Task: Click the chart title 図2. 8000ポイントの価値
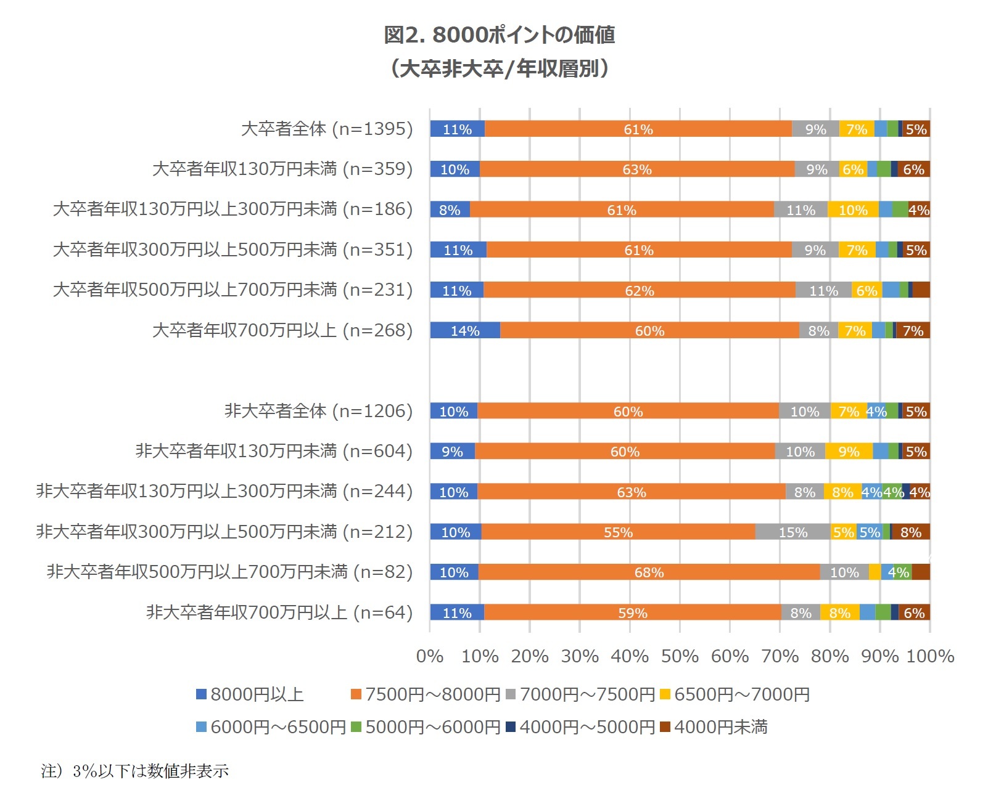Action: pyautogui.click(x=499, y=35)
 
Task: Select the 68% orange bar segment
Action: pyautogui.click(x=649, y=572)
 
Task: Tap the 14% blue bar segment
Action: pyautogui.click(x=465, y=331)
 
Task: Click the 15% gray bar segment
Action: pyautogui.click(x=792, y=532)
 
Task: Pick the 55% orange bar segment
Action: pyautogui.click(x=618, y=532)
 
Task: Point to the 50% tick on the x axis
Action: pyautogui.click(x=680, y=656)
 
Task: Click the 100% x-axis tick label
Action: pyautogui.click(x=930, y=656)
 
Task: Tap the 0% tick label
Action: pyautogui.click(x=430, y=656)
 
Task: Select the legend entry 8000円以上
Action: pyautogui.click(x=250, y=694)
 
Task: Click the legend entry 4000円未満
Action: pyautogui.click(x=714, y=727)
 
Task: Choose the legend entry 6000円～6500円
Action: pyautogui.click(x=271, y=727)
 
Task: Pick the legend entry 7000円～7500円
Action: pyautogui.click(x=580, y=694)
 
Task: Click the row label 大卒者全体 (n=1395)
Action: pyautogui.click(x=327, y=129)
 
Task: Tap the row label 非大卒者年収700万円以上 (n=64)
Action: pyautogui.click(x=279, y=612)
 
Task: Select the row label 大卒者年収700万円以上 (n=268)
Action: pyautogui.click(x=282, y=331)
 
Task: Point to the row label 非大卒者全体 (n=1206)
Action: pyautogui.click(x=318, y=411)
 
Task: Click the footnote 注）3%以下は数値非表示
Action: pyautogui.click(x=135, y=771)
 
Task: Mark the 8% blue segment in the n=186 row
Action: pyautogui.click(x=450, y=210)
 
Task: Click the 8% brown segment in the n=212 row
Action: pyautogui.click(x=911, y=532)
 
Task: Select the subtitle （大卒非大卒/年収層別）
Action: pyautogui.click(x=499, y=68)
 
